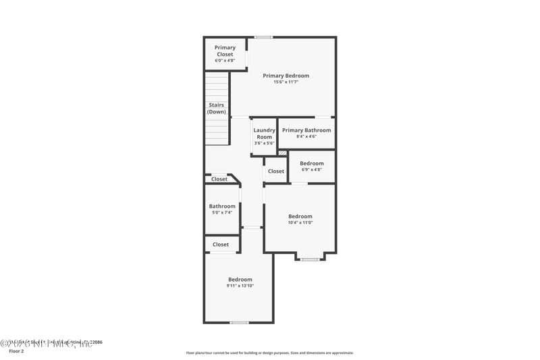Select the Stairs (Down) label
[216, 108]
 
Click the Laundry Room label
[264, 133]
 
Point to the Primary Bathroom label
[306, 130]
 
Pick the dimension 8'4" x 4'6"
[306, 136]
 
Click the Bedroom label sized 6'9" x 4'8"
[312, 163]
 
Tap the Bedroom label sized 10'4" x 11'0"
[300, 216]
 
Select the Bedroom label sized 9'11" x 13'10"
[240, 280]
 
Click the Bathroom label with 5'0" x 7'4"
[222, 206]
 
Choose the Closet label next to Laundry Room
[276, 172]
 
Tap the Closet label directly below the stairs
[219, 179]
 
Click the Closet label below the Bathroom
[221, 245]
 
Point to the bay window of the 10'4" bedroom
[310, 259]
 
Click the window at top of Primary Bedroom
[263, 36]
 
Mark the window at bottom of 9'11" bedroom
[239, 322]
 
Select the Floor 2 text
[16, 351]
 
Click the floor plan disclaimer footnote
[269, 353]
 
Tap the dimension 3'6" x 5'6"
[264, 143]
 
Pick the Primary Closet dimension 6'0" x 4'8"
[224, 61]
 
